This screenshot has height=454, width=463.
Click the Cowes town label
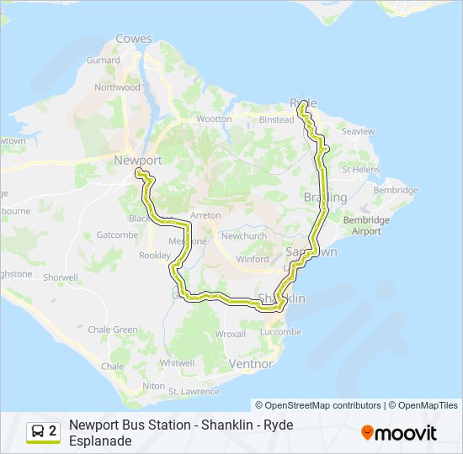[x=134, y=39]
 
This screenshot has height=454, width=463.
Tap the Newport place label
[x=137, y=160]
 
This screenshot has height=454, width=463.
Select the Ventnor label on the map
[x=251, y=364]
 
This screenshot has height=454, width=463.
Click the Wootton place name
[x=214, y=119]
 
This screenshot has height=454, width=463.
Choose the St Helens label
[x=363, y=169]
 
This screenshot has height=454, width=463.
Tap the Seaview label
[x=359, y=132]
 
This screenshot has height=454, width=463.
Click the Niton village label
[x=153, y=385]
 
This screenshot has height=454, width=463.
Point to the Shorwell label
[x=61, y=277]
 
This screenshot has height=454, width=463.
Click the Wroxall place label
[x=231, y=334]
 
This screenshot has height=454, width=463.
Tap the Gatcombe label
[x=117, y=235]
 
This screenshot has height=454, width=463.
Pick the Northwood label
[x=117, y=87]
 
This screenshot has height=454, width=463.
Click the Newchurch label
[x=243, y=236]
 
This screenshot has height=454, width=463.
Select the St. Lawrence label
[x=194, y=392]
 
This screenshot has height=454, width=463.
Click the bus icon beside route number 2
[x=38, y=431]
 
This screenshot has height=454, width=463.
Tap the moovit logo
[x=399, y=432]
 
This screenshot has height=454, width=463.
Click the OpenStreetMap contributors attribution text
[x=318, y=405]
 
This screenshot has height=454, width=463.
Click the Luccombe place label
[x=281, y=332]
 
